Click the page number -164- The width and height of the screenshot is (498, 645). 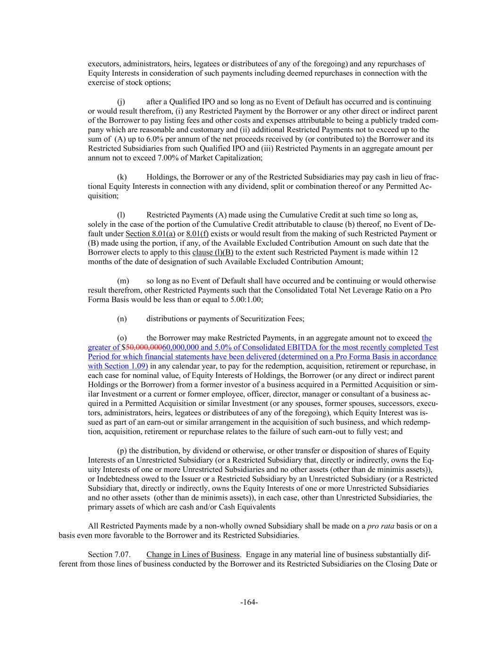point(249,602)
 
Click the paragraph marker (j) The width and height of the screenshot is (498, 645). point(121,102)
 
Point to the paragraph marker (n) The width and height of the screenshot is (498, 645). point(122,319)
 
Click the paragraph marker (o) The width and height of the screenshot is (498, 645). point(122,338)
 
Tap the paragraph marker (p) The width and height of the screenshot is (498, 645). point(122,451)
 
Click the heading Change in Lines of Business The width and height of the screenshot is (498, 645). point(194,554)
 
